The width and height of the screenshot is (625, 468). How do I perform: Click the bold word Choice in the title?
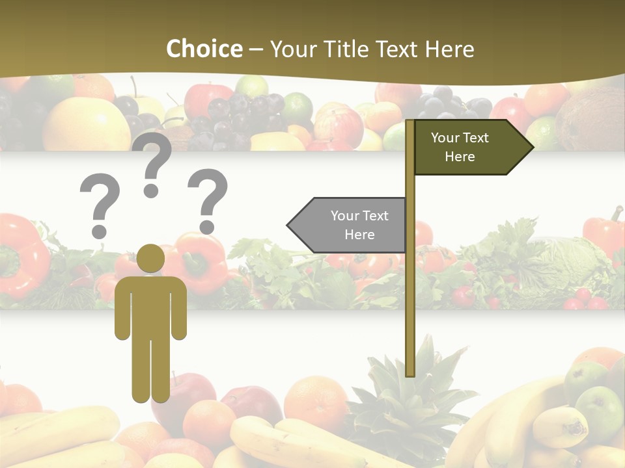(x=204, y=49)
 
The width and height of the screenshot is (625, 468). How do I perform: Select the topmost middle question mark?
(x=152, y=166)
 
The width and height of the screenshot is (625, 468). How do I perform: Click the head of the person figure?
(x=151, y=258)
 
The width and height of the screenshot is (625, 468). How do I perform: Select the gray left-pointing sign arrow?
(x=348, y=225)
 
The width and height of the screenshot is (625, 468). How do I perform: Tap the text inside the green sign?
(x=460, y=147)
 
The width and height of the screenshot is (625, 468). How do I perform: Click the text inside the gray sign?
(x=359, y=225)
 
